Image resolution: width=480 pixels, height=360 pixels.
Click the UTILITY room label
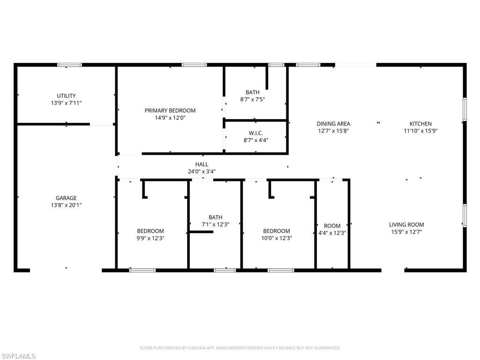pyautogui.click(x=66, y=96)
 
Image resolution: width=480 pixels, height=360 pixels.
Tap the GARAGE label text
pyautogui.click(x=66, y=198)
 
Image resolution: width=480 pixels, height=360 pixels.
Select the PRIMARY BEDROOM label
pyautogui.click(x=170, y=111)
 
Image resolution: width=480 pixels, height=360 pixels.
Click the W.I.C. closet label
pyautogui.click(x=255, y=133)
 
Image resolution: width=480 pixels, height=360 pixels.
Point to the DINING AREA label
pyautogui.click(x=333, y=124)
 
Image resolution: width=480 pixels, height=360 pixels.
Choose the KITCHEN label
pyautogui.click(x=420, y=124)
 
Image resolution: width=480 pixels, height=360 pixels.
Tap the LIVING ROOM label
pyautogui.click(x=406, y=225)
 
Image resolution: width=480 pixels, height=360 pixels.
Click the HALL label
pyautogui.click(x=202, y=165)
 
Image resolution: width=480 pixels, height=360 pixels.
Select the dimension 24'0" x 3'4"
pyautogui.click(x=202, y=172)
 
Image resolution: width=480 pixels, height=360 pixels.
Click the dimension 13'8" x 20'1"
pyautogui.click(x=66, y=205)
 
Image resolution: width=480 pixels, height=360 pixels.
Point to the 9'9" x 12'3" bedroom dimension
pyautogui.click(x=150, y=238)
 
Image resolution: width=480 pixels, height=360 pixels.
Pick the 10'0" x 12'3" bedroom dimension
pyautogui.click(x=276, y=238)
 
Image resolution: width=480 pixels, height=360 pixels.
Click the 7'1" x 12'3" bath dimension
pyautogui.click(x=215, y=224)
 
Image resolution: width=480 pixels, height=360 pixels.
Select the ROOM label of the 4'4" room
pyautogui.click(x=332, y=226)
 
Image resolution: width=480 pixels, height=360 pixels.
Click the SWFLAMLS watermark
pyautogui.click(x=18, y=356)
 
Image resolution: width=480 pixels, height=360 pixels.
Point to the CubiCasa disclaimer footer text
pyautogui.click(x=240, y=348)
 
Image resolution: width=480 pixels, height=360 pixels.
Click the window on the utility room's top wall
pyautogui.click(x=69, y=65)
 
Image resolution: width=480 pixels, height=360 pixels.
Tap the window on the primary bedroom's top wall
pyautogui.click(x=194, y=65)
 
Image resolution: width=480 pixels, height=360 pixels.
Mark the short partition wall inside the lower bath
pyautogui.click(x=201, y=232)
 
